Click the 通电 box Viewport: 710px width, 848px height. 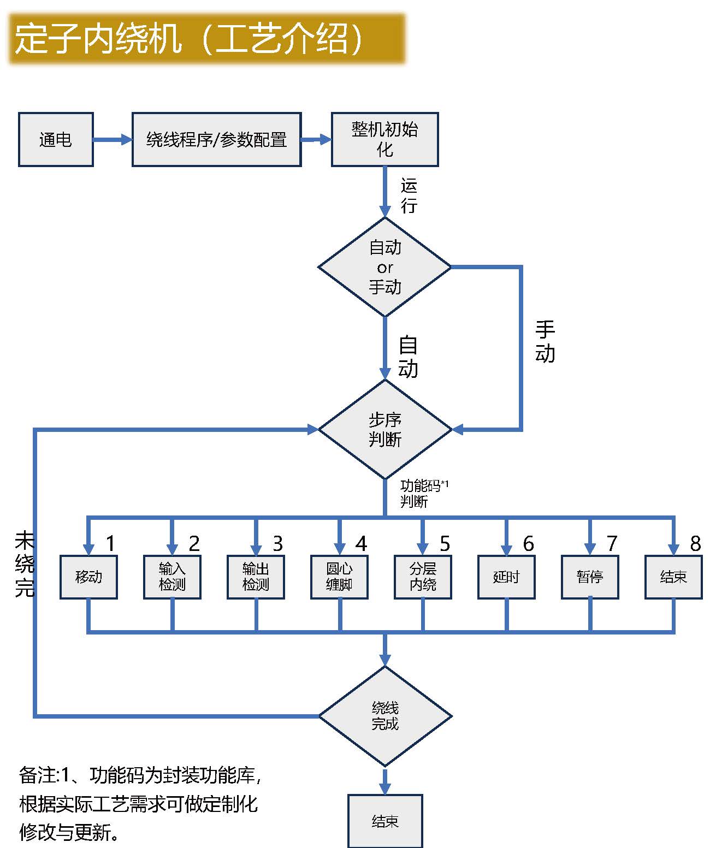(56, 139)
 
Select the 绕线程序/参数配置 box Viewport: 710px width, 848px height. (216, 139)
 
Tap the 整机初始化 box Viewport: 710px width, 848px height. (384, 139)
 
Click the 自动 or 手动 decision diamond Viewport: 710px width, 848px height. (384, 267)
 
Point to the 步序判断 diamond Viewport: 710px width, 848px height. (384, 430)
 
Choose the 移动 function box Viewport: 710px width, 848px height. (88, 577)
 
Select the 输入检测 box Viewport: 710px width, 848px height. (172, 577)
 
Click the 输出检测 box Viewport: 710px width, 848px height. (256, 577)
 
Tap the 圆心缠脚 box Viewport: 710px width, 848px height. (339, 577)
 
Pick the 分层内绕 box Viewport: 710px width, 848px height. (423, 577)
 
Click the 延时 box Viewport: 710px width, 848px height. (506, 577)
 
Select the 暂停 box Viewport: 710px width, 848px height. (590, 577)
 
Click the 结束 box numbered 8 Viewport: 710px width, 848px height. (673, 577)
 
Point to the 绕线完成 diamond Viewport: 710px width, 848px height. (384, 716)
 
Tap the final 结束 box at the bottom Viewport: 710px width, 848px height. (385, 821)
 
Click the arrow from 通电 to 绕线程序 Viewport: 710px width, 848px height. (113, 140)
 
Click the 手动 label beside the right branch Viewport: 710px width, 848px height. (545, 342)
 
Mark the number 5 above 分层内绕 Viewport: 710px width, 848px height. (445, 544)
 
